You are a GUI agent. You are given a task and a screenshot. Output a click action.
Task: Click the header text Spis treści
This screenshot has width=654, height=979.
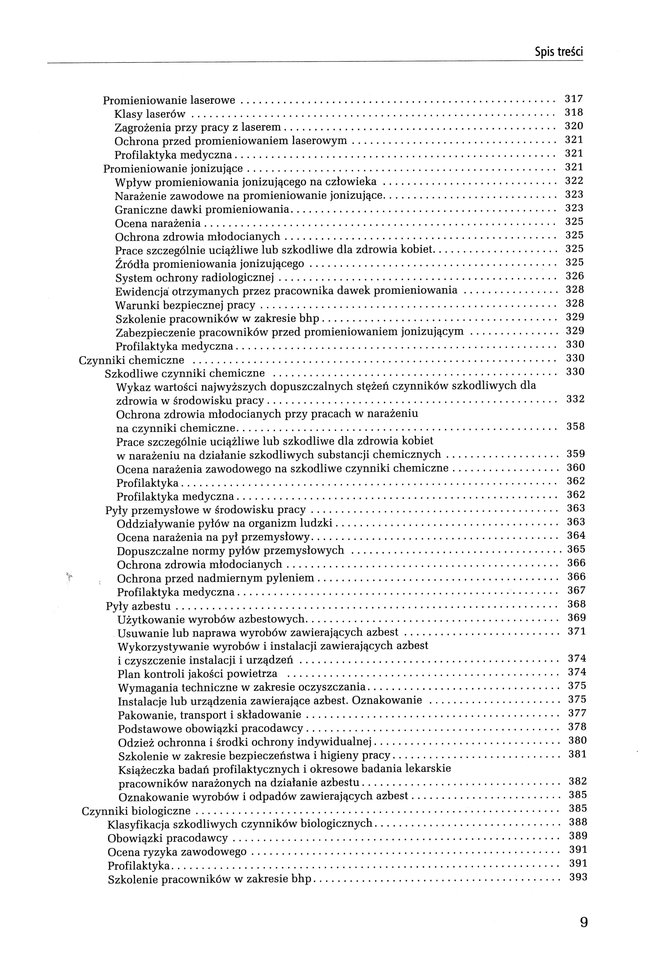click(559, 52)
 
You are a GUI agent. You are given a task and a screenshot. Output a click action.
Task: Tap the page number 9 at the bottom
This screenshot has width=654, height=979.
click(584, 922)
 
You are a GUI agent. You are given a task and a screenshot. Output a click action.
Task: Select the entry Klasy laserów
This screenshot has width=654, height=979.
click(150, 114)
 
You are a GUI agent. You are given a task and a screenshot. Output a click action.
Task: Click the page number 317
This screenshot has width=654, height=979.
click(574, 99)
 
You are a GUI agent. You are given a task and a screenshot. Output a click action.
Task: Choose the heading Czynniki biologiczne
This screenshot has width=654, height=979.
click(136, 811)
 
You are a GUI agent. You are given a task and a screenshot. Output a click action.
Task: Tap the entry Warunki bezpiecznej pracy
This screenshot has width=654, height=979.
click(185, 305)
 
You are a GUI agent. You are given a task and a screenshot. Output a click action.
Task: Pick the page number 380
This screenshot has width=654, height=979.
click(578, 740)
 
